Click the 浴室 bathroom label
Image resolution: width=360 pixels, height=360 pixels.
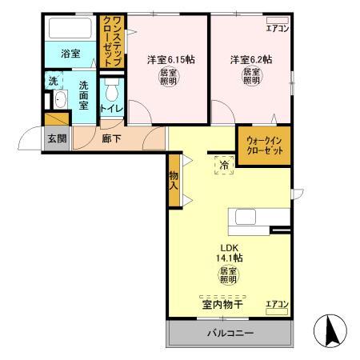click(70, 54)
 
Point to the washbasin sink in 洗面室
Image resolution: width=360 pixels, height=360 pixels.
click(58, 100)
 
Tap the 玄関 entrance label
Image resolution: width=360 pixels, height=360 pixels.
click(56, 138)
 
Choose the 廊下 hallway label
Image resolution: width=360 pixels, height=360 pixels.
click(111, 138)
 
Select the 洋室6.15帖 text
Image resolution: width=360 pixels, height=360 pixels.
click(167, 59)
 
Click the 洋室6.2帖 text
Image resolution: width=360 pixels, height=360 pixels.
click(250, 59)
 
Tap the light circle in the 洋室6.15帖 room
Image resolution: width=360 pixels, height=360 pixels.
click(168, 78)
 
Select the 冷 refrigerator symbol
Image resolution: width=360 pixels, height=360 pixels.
click(224, 166)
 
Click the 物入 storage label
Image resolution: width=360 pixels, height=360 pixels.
click(174, 181)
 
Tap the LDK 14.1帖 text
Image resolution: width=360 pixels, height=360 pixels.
click(227, 251)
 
